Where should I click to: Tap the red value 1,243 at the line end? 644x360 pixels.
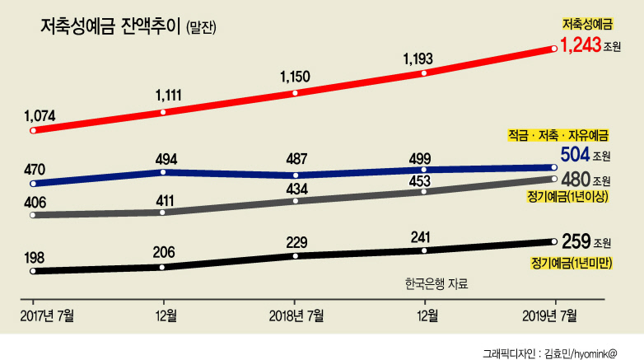(x=581, y=44)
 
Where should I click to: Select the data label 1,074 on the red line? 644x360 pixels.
(x=40, y=116)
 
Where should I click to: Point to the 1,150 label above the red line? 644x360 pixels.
(x=295, y=77)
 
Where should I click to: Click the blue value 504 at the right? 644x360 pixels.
(x=575, y=155)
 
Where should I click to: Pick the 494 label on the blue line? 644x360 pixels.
(x=166, y=159)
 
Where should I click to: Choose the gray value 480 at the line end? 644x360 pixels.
(x=576, y=180)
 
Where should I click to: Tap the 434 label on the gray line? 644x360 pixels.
(x=296, y=189)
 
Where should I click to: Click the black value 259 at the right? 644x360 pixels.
(x=576, y=241)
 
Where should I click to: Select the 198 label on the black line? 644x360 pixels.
(x=34, y=258)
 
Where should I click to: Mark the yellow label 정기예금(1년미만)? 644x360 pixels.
(x=572, y=263)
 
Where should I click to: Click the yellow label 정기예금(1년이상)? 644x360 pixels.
(x=567, y=196)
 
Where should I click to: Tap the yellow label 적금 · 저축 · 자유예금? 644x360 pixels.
(x=558, y=135)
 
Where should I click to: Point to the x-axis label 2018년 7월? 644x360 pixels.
(x=296, y=316)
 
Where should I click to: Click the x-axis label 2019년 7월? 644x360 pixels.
(x=549, y=316)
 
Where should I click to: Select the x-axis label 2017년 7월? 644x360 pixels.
(x=47, y=316)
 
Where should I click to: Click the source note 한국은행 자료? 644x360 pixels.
(x=436, y=283)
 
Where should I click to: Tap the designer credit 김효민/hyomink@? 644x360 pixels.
(x=581, y=353)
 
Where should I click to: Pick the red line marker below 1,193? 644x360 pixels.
(x=424, y=73)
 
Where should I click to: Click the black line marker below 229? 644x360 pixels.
(x=296, y=256)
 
